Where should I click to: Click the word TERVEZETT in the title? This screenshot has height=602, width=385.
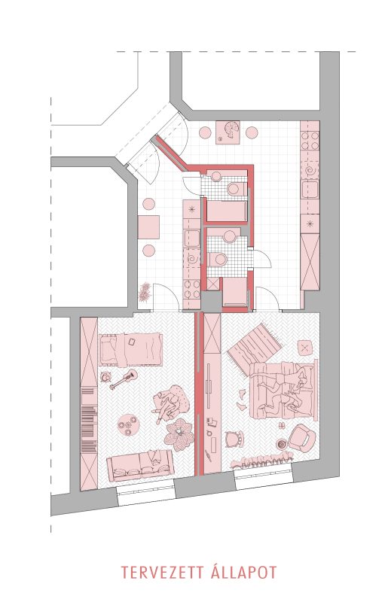click(x=162, y=573)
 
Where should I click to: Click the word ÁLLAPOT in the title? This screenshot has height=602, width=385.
click(x=244, y=572)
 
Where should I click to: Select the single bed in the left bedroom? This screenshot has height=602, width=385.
click(x=130, y=349)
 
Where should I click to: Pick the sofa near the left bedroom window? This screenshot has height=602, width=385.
click(x=140, y=465)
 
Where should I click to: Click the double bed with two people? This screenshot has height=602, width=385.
click(x=283, y=390)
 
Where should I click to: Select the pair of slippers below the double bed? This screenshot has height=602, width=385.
click(x=281, y=426)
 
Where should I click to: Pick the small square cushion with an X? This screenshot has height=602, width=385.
click(x=305, y=348)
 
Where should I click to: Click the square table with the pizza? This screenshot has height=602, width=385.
click(x=228, y=132)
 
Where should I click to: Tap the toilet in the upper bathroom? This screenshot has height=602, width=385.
click(x=236, y=189)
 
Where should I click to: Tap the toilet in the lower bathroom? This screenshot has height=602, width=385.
click(x=217, y=259)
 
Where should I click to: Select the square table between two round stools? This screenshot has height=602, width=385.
click(x=148, y=227)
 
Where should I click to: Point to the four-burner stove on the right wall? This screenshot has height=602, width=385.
click(x=310, y=141)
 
